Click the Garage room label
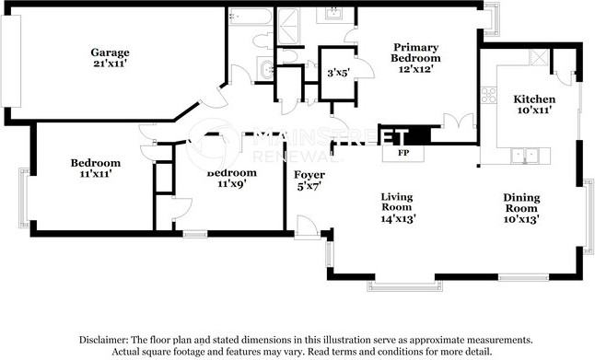tap(109, 52)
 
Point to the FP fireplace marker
tap(403, 153)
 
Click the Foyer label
tap(308, 175)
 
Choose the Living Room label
tap(397, 201)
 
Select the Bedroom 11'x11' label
tap(96, 168)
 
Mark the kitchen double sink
tap(525, 156)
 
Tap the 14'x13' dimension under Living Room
tap(397, 218)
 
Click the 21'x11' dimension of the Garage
tap(109, 64)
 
